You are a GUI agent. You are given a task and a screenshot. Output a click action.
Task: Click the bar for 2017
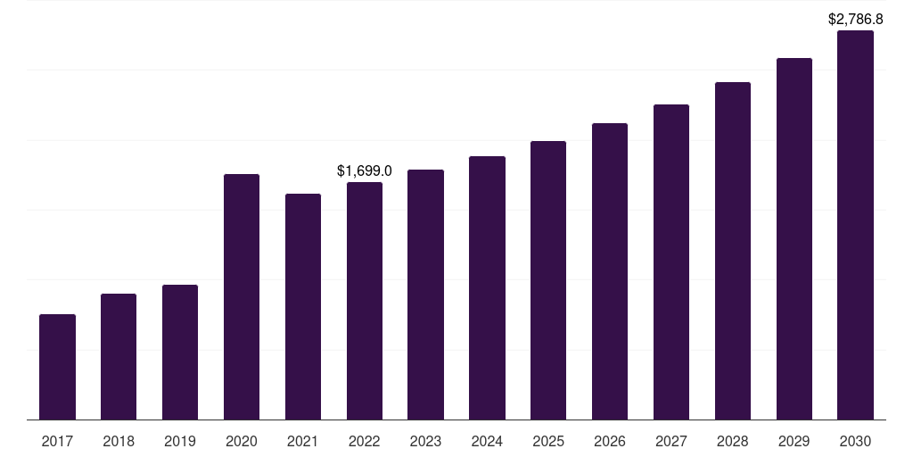tap(57, 367)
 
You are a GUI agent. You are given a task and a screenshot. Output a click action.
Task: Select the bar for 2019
tap(180, 352)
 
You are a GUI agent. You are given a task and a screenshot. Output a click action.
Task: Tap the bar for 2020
tap(242, 296)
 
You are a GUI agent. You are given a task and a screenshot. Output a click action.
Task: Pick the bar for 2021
tap(303, 307)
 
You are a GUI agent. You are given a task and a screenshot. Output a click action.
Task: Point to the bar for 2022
tap(365, 301)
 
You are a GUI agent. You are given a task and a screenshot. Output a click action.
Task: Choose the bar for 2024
tap(487, 288)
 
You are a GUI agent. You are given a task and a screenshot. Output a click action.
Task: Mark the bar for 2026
tap(610, 271)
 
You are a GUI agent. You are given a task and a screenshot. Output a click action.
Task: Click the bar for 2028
tap(733, 251)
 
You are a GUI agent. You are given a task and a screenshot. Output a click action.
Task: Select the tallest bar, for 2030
tap(855, 225)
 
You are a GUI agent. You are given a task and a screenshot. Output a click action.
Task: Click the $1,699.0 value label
tap(365, 170)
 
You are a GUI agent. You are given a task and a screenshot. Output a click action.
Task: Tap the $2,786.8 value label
tap(855, 20)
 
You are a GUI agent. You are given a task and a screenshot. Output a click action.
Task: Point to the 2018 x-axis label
tap(119, 441)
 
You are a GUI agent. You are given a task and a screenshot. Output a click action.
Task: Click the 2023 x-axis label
tap(425, 441)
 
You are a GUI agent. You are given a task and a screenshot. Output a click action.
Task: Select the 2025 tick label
tap(548, 441)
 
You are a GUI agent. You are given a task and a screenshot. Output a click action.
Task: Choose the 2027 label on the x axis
tap(671, 441)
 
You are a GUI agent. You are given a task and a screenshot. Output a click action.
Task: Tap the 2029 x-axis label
tap(794, 441)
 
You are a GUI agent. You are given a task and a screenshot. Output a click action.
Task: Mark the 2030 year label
tap(855, 441)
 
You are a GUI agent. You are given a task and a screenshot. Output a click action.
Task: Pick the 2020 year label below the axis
tap(242, 441)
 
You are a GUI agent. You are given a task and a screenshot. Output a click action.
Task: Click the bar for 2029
tap(794, 239)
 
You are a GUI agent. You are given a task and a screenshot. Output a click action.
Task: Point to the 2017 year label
tap(57, 441)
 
